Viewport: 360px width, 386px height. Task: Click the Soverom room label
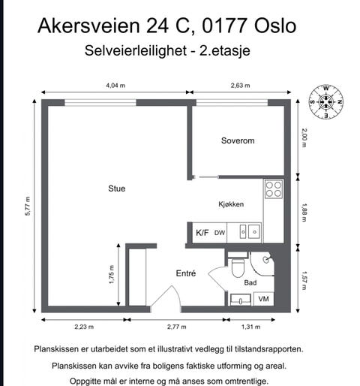[x=238, y=141]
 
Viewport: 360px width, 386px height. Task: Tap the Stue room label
[x=116, y=188]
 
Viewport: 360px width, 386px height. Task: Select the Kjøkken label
[x=231, y=204]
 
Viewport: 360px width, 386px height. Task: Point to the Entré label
[x=186, y=273]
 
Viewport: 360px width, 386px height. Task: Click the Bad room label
[x=251, y=282]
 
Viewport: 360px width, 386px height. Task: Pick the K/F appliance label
[x=202, y=233]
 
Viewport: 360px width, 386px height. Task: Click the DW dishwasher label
[x=220, y=233]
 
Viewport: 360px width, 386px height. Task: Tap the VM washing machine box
[x=263, y=299]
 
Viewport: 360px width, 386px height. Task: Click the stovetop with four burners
[x=274, y=188]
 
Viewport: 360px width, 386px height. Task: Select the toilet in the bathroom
[x=238, y=266]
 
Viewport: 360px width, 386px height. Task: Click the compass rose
[x=326, y=101]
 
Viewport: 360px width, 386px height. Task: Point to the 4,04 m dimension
[x=116, y=85]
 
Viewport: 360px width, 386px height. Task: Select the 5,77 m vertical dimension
[x=28, y=206]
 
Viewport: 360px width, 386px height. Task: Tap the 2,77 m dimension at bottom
[x=177, y=327]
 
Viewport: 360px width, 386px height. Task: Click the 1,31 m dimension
[x=251, y=327]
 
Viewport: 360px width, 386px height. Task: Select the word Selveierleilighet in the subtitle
[x=132, y=52]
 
